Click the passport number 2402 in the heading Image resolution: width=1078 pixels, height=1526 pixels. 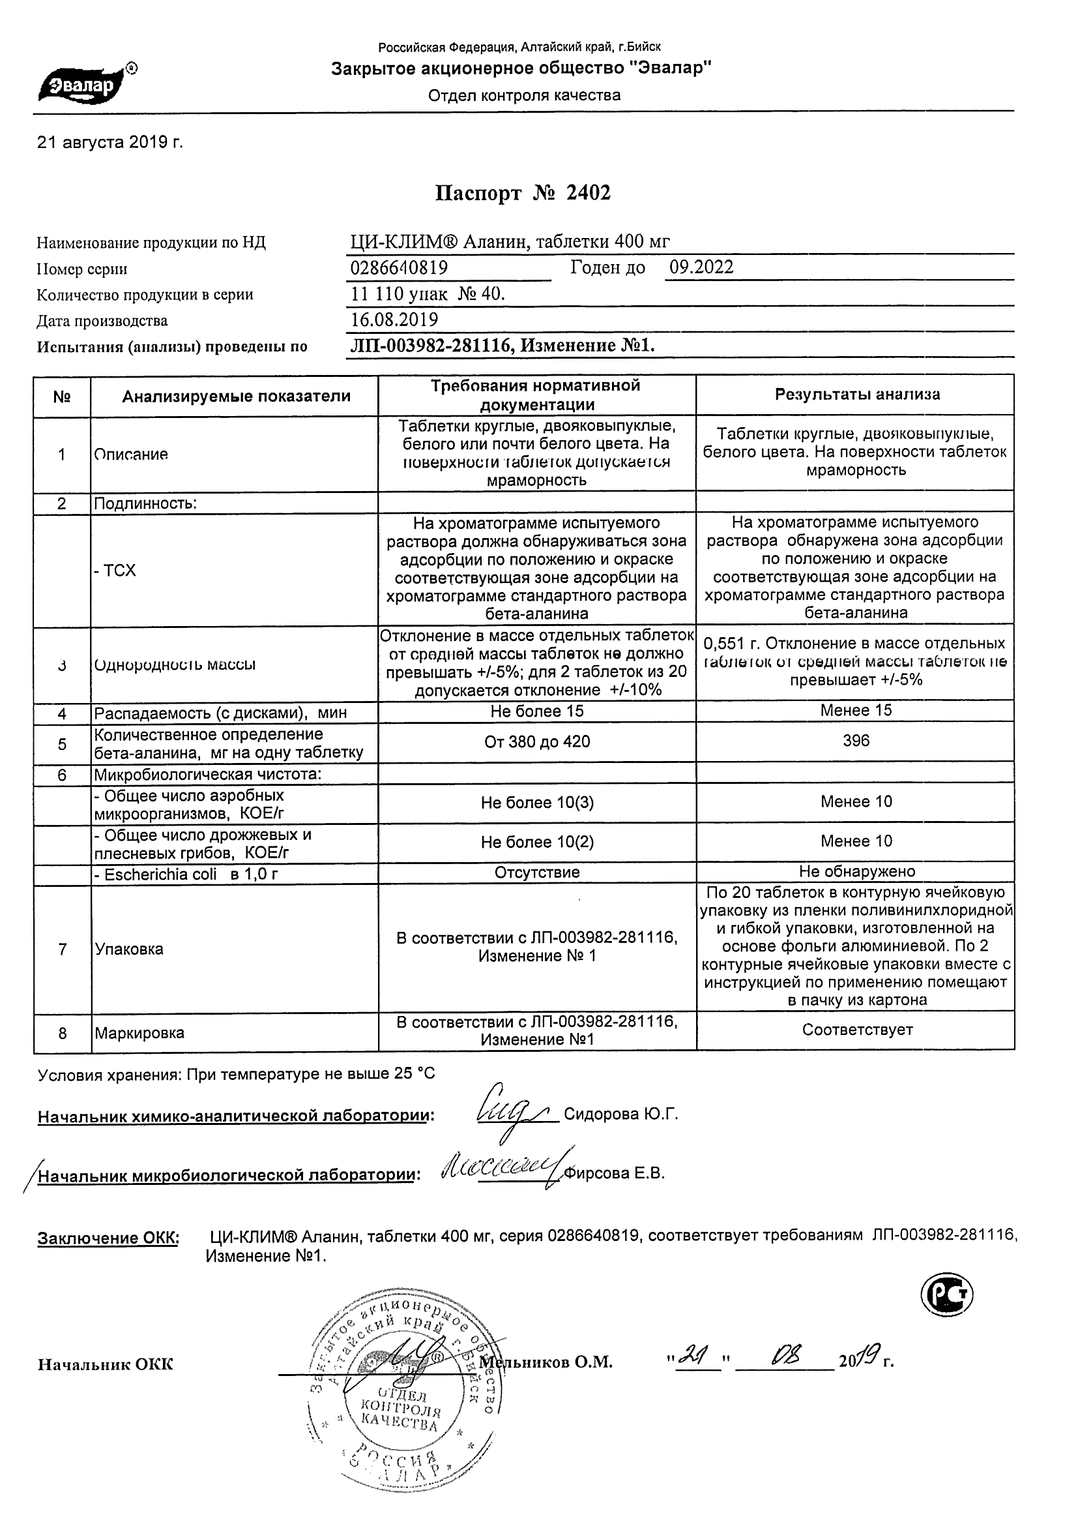[x=588, y=193]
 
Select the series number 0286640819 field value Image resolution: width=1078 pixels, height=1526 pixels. [x=399, y=268]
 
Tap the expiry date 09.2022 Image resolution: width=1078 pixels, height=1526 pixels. [x=701, y=267]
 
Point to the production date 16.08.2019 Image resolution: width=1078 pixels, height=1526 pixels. [x=394, y=320]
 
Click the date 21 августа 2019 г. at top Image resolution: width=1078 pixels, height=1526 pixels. [x=110, y=142]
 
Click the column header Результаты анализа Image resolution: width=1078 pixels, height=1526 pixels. [x=857, y=395]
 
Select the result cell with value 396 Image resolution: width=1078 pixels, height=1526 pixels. [x=856, y=741]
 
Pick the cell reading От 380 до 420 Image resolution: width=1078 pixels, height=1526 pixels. [x=536, y=741]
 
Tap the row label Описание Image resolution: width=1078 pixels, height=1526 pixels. [x=131, y=455]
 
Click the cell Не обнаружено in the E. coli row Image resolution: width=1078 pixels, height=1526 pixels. [x=857, y=871]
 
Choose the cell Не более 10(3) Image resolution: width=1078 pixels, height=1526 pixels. [x=536, y=803]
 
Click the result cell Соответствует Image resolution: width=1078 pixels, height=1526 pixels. [x=857, y=1030]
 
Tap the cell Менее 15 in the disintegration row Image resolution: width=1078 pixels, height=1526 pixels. [x=856, y=710]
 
